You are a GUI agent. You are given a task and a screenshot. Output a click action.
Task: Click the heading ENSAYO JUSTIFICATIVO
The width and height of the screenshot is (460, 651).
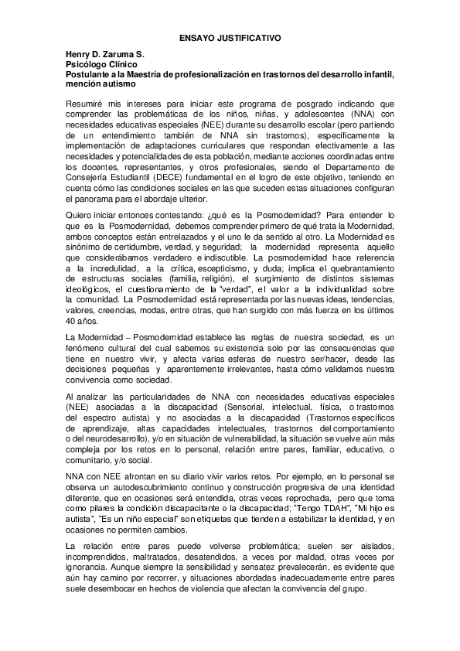(x=230, y=36)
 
